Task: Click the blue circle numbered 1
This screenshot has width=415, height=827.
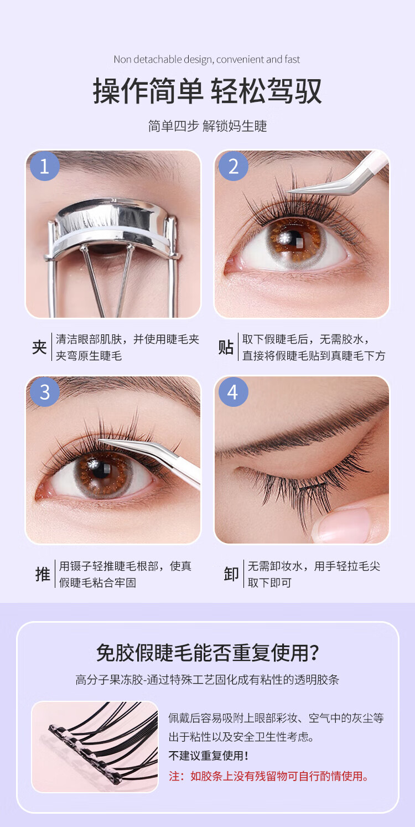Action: (x=45, y=166)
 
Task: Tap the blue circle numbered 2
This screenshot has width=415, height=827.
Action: (x=234, y=166)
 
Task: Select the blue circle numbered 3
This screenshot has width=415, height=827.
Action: (x=45, y=392)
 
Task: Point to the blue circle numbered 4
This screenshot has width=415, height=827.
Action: (x=234, y=392)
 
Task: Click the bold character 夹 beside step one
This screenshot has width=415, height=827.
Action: (x=39, y=347)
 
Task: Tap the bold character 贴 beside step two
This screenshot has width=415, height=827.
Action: (x=226, y=347)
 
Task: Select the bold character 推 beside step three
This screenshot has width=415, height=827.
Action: (x=43, y=574)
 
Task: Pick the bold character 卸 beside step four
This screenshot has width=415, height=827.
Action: (x=231, y=574)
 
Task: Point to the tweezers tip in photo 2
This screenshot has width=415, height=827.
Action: (x=288, y=191)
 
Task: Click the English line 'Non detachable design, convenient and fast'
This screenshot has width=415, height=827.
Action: (x=207, y=59)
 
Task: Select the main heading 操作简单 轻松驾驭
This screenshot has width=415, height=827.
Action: (x=207, y=91)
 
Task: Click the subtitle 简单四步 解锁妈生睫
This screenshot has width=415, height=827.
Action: (x=207, y=126)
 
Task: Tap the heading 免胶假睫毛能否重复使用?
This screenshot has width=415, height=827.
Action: (x=207, y=653)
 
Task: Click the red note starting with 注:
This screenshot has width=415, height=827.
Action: (x=269, y=776)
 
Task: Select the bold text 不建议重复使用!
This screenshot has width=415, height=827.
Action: (x=209, y=756)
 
